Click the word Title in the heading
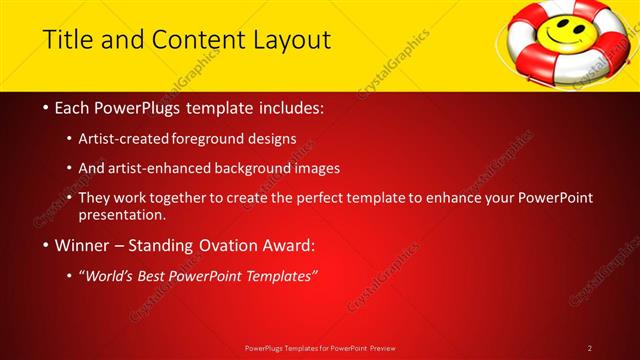tap(66, 41)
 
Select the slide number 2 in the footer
tap(590, 348)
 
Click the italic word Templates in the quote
tap(277, 275)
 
